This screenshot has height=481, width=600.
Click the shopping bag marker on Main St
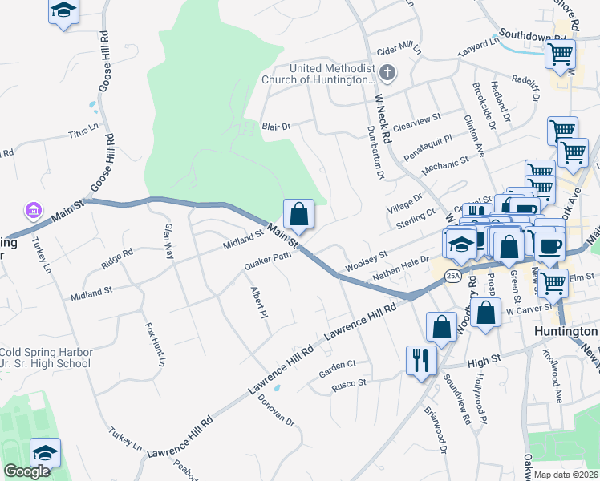coord(298,214)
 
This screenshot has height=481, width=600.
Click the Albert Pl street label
coord(257,303)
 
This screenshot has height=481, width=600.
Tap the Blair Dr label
coord(275,127)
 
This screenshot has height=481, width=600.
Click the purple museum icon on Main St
coord(34,211)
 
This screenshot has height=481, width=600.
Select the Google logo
coord(26,471)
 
